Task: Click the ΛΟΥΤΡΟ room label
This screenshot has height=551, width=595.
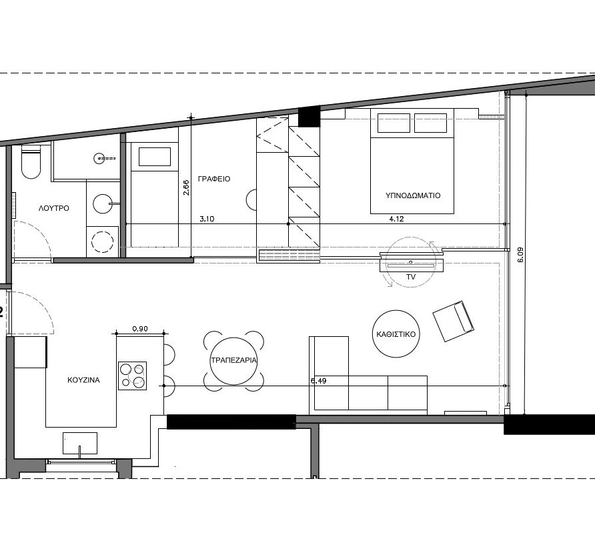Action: [54, 208]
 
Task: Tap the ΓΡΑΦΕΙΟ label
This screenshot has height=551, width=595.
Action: [214, 179]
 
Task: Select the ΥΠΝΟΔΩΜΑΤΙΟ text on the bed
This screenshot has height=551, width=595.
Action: [413, 195]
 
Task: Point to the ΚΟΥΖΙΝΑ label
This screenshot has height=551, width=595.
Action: [83, 380]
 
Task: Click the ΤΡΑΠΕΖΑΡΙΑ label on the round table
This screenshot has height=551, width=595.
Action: [233, 360]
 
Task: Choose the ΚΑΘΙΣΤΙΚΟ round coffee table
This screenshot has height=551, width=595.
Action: [396, 334]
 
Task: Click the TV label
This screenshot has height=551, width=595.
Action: [411, 277]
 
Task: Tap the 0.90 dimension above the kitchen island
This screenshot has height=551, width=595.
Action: [140, 329]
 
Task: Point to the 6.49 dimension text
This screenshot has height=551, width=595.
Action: [319, 381]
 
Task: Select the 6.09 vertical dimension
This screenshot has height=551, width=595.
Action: [520, 255]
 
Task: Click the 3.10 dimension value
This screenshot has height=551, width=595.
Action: [207, 219]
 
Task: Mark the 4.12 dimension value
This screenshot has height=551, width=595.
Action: [396, 219]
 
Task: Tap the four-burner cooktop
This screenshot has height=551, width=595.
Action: [133, 376]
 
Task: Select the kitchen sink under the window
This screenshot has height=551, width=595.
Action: [79, 443]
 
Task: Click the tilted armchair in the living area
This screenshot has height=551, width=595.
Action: [454, 322]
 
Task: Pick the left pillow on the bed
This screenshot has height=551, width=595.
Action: [394, 123]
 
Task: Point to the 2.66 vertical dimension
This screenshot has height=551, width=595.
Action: [186, 187]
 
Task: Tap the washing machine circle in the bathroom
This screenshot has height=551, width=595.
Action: [103, 241]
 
